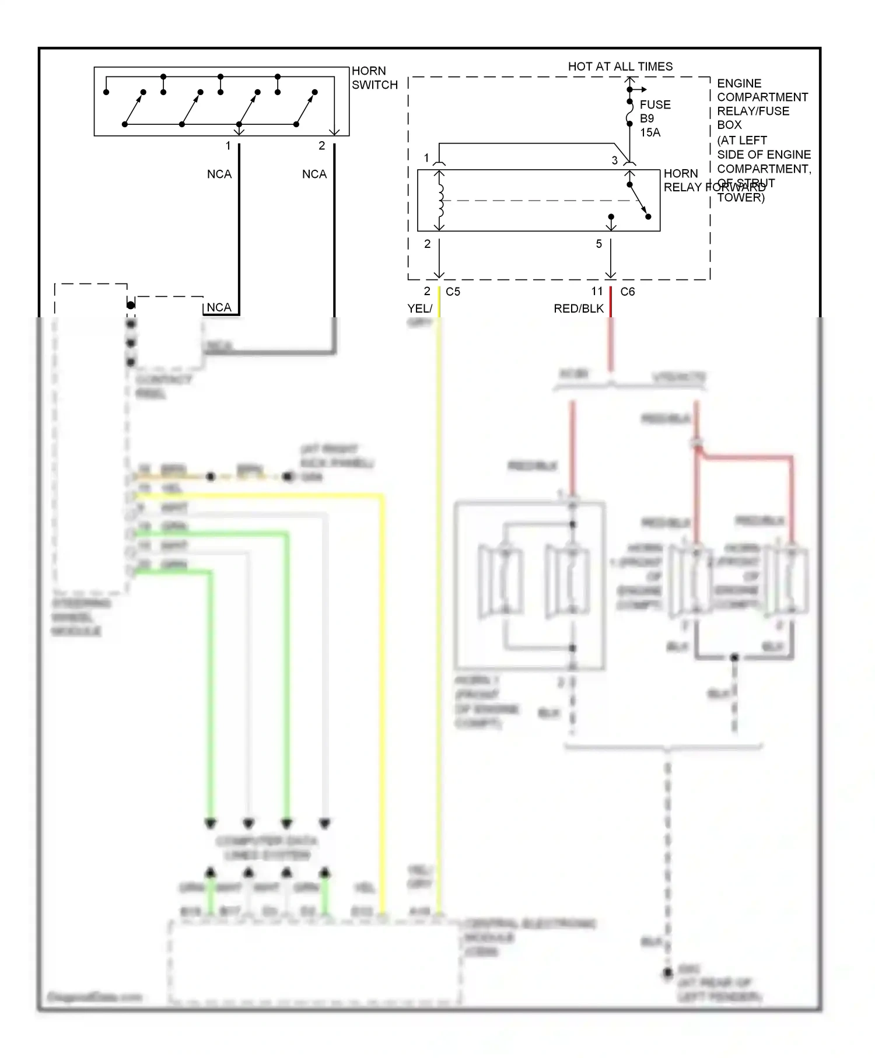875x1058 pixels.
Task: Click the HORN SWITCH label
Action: (x=374, y=78)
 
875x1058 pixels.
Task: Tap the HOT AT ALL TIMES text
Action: (x=619, y=66)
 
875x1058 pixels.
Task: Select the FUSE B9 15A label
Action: (x=654, y=118)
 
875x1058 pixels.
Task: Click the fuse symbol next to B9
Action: (x=629, y=113)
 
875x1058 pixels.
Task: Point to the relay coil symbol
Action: (x=440, y=201)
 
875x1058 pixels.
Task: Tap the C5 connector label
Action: (x=453, y=292)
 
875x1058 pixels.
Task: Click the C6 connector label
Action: (x=627, y=292)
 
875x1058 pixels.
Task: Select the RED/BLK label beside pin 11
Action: (x=578, y=309)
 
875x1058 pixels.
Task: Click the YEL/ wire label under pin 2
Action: (x=419, y=309)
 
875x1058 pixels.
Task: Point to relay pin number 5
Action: (x=598, y=244)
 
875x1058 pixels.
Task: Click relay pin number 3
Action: (x=614, y=160)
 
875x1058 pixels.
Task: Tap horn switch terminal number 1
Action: (x=228, y=146)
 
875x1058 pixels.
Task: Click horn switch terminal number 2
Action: (x=321, y=146)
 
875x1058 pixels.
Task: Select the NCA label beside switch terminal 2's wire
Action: (x=314, y=174)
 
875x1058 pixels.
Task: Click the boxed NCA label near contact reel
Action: (x=219, y=307)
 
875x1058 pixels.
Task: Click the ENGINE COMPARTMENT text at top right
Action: (x=762, y=90)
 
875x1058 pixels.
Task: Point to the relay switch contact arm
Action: (x=639, y=201)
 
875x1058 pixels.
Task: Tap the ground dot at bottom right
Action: (x=668, y=973)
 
